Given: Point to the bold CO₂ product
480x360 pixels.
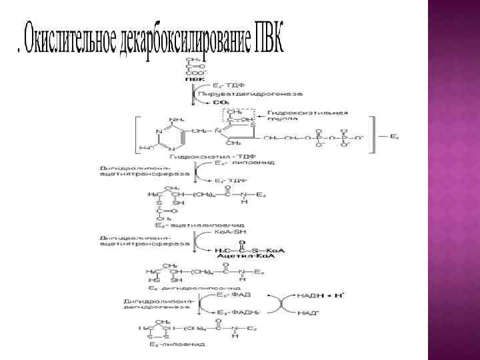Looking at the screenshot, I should tap(217, 102).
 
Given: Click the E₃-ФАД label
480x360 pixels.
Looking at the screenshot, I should tap(233, 294).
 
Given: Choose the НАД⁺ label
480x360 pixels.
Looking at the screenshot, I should tap(307, 313).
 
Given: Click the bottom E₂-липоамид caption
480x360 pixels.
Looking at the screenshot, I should tap(177, 344).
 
